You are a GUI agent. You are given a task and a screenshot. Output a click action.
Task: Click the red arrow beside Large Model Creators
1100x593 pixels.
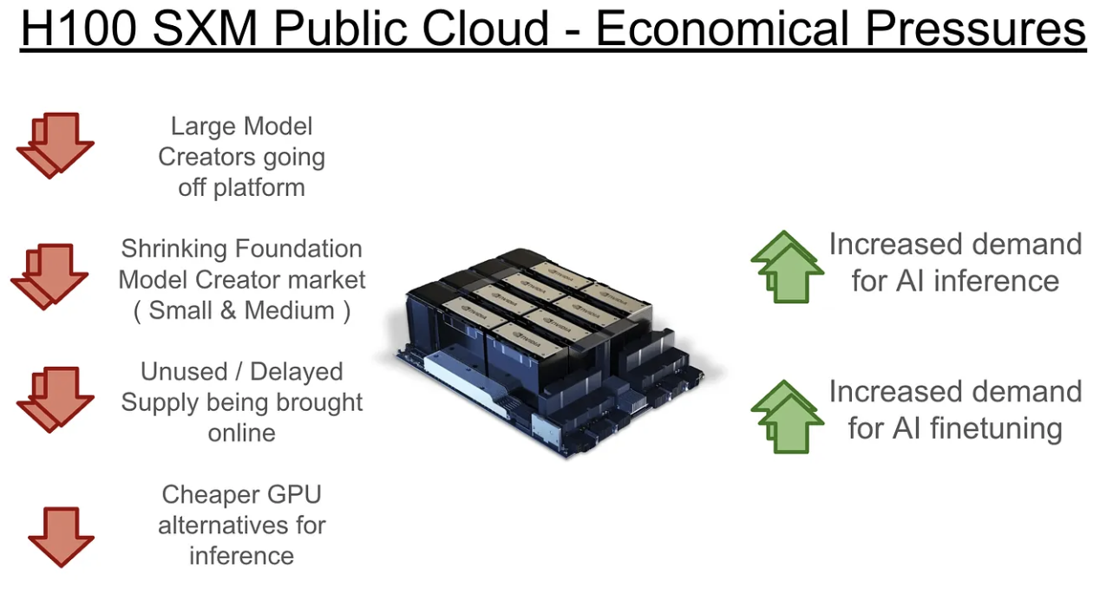tap(55, 146)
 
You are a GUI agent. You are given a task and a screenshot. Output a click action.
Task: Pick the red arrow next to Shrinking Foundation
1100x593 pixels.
tap(49, 277)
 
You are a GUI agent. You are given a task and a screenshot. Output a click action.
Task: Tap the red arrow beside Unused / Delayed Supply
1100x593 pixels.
tap(55, 400)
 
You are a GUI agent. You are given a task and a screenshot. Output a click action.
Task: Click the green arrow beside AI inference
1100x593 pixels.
tap(786, 268)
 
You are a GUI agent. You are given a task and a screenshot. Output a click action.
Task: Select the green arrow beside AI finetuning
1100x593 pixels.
tap(786, 417)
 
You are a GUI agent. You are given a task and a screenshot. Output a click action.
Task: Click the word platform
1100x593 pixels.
tap(260, 188)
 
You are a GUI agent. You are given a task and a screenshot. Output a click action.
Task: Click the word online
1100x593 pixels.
tap(241, 433)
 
